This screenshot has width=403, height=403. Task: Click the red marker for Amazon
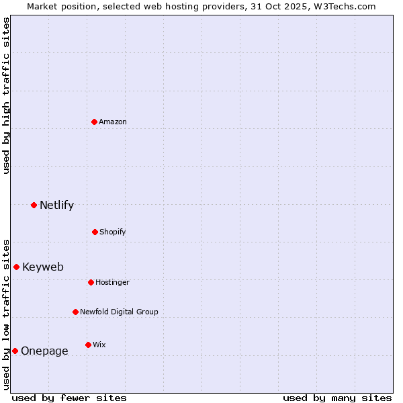94,122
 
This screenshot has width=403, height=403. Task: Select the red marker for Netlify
34,205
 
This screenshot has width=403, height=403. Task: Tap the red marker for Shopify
95,232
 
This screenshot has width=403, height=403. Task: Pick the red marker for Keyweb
16,267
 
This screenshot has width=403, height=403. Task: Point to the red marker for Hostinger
91,282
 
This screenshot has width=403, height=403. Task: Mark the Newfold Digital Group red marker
75,312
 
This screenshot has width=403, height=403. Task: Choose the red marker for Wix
88,345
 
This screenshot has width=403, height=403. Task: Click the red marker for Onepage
15,351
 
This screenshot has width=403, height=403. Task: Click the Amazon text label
113,122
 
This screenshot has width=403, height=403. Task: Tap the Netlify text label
56,206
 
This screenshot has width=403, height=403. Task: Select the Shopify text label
113,232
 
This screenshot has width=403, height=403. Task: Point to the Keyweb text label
43,267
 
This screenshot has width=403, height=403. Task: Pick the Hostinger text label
112,282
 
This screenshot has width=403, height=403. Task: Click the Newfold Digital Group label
119,312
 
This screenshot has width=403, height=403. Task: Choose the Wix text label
99,345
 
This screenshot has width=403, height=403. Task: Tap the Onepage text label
44,351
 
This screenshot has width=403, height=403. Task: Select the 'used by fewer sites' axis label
69,398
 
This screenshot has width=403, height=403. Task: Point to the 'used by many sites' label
337,398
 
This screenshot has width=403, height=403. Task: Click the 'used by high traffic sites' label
6,95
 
